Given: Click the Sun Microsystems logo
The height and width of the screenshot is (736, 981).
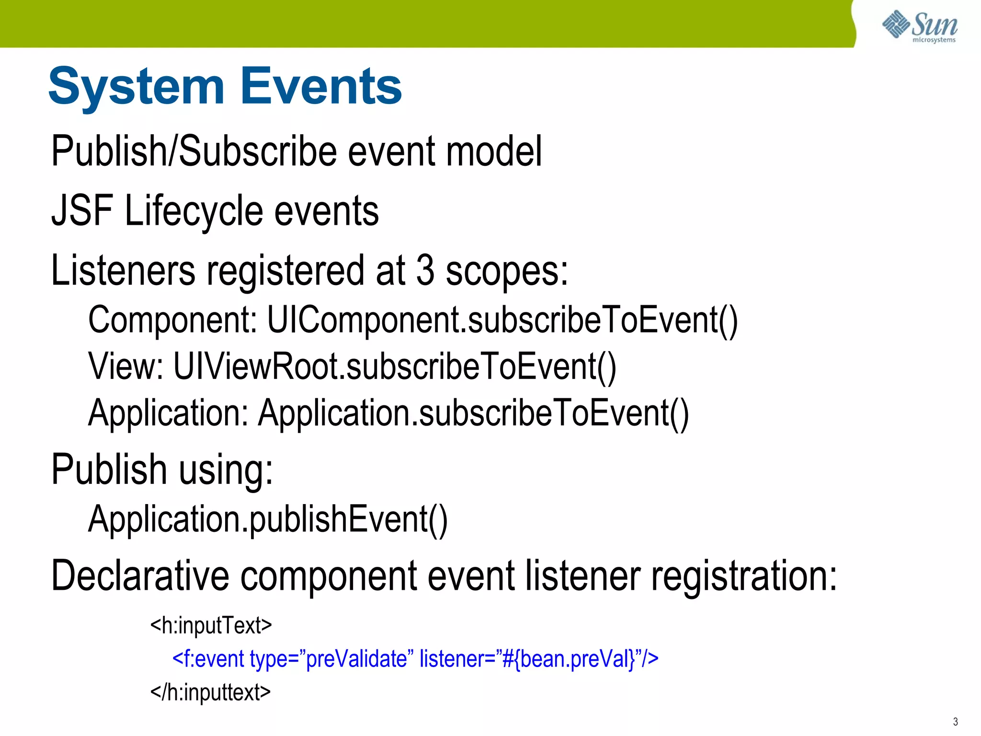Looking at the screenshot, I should (919, 26).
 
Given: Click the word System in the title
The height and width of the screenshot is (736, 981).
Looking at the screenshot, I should (137, 87).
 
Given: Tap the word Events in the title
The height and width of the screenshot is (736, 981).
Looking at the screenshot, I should (321, 87).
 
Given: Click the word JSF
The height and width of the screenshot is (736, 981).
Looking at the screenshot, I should (82, 211).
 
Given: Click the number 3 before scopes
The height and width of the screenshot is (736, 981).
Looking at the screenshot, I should (425, 270).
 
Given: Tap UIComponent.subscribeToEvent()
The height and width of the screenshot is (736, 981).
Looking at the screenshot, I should (502, 320).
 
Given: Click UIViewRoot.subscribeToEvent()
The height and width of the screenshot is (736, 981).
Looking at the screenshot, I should (394, 367).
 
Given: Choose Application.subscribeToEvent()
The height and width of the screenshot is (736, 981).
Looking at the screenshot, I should (473, 413).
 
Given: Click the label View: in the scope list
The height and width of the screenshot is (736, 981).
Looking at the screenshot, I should (126, 367).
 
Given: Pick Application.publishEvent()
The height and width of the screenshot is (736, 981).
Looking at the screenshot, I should (268, 519).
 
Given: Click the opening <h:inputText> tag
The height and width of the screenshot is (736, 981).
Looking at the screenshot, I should (211, 625).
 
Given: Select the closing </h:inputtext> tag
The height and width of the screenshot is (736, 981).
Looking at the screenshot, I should (210, 692).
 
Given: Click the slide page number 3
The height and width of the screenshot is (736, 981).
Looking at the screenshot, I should (955, 722).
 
